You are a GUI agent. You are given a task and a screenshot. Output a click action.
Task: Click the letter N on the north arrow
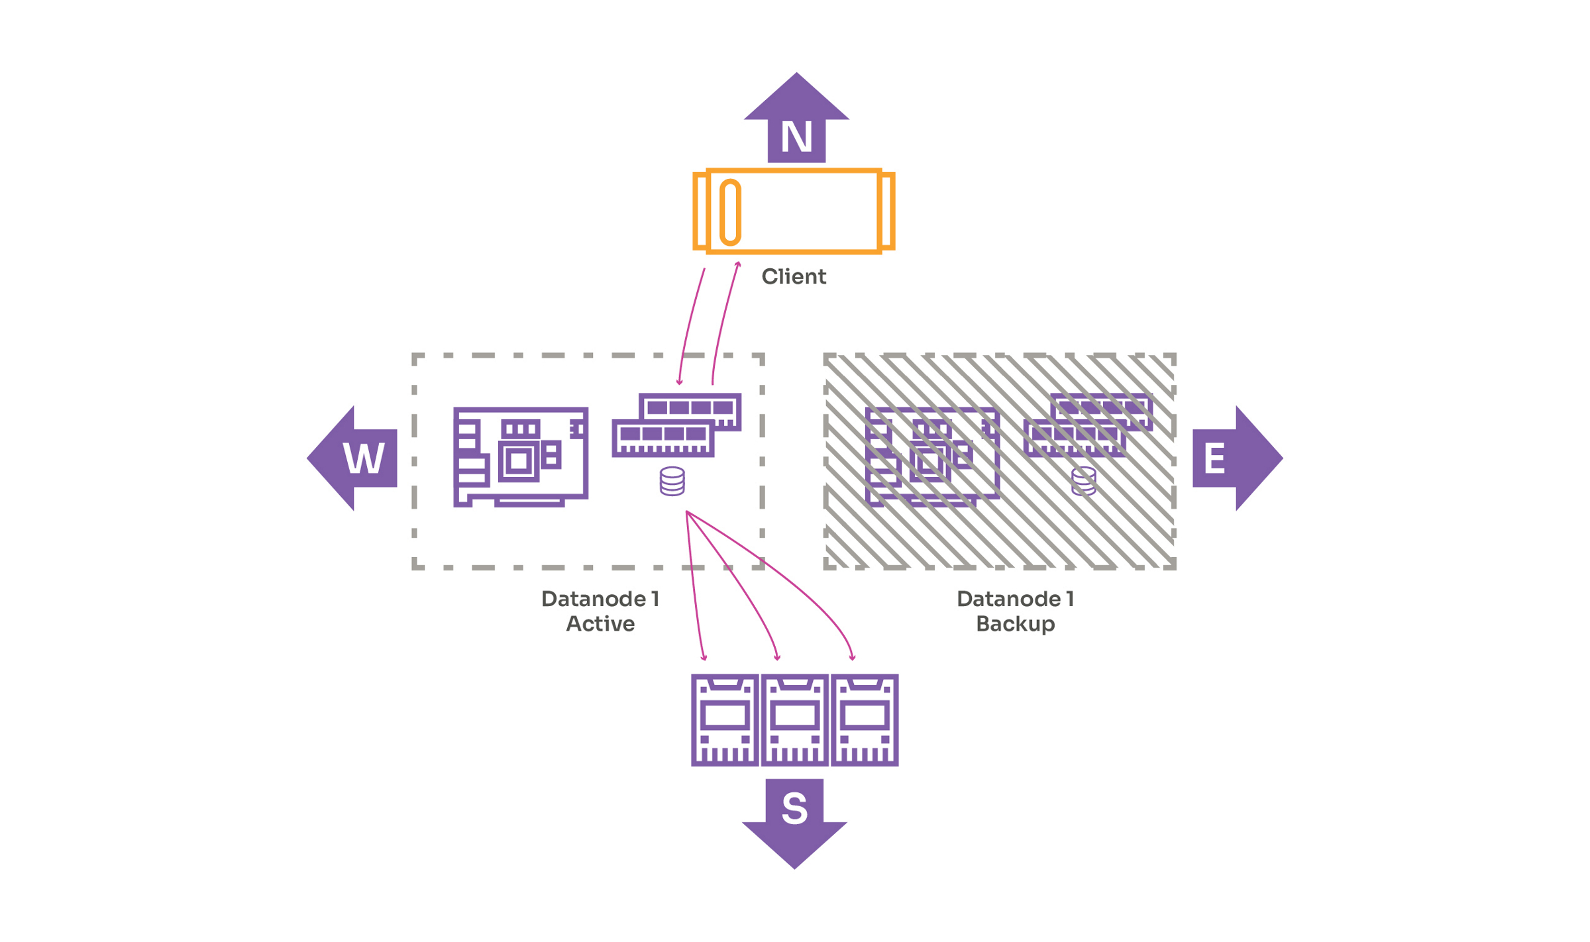click(796, 137)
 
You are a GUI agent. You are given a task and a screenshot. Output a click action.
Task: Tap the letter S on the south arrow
click(794, 808)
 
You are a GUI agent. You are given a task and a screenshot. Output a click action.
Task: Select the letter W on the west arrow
click(364, 458)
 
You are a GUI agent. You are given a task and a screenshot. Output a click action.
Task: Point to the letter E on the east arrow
click(1214, 458)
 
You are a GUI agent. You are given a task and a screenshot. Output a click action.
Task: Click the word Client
click(793, 276)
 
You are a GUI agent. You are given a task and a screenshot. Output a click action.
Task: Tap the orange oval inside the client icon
click(730, 212)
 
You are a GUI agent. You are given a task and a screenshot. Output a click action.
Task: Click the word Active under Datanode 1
click(600, 623)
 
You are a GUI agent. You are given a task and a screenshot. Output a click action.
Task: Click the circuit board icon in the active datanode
click(521, 456)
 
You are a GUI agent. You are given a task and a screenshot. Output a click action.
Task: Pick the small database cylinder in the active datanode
click(672, 481)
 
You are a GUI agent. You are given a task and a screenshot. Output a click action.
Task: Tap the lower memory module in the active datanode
click(662, 438)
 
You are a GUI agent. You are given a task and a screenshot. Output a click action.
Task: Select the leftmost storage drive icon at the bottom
click(724, 720)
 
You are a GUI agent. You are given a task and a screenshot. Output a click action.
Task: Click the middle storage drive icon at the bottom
click(794, 720)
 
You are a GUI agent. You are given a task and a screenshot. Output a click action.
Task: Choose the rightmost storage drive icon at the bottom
click(865, 720)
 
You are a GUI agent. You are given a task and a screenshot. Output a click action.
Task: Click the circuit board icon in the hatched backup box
click(931, 456)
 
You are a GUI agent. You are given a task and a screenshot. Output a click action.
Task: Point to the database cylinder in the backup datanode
click(1083, 481)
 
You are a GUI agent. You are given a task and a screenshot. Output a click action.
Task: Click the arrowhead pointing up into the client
click(738, 264)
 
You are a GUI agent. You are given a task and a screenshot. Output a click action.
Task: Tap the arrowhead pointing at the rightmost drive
click(853, 658)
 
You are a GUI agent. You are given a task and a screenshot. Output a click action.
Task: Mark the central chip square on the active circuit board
click(519, 460)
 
